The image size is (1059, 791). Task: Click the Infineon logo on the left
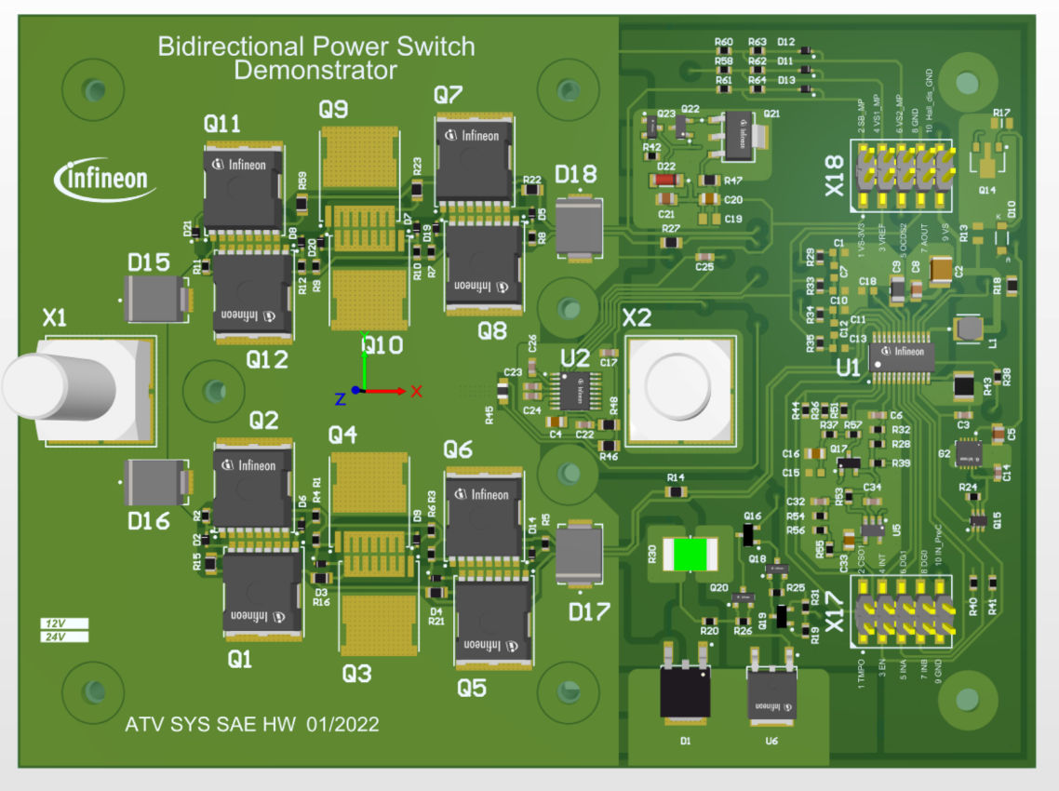105,178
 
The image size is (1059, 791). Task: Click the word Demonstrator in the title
315,71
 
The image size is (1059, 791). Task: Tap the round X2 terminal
681,389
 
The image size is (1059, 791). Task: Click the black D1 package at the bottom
684,690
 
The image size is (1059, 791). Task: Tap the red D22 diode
665,181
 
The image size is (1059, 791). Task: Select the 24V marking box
64,637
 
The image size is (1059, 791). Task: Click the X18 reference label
835,177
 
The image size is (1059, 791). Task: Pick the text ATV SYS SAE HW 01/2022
251,724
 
